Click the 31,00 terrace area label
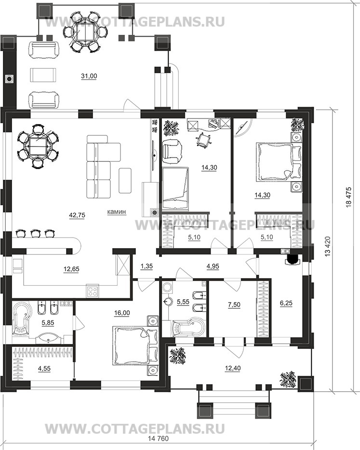pyautogui.click(x=89, y=76)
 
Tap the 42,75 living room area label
pyautogui.click(x=77, y=215)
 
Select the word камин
pyautogui.click(x=117, y=212)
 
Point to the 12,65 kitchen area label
pyautogui.click(x=71, y=269)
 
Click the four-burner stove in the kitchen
pyautogui.click(x=93, y=291)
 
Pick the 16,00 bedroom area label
pyautogui.click(x=122, y=313)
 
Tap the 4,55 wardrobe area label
pyautogui.click(x=44, y=368)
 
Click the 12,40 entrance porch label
pyautogui.click(x=233, y=368)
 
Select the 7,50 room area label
pyautogui.click(x=234, y=305)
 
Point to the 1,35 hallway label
pyautogui.click(x=147, y=266)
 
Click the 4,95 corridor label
pyautogui.click(x=213, y=266)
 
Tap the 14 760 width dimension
pyautogui.click(x=158, y=447)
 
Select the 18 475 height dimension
pyautogui.click(x=349, y=197)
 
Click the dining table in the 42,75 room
pyautogui.click(x=38, y=146)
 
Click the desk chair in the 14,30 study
pyautogui.click(x=203, y=140)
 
